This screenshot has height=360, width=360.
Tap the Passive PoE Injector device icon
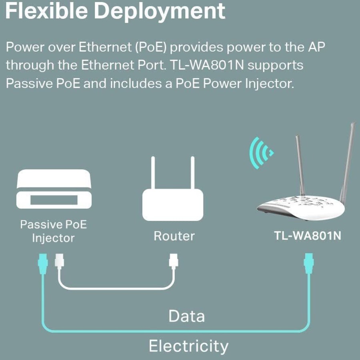tap(54, 190)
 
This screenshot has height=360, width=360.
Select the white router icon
tap(173, 204)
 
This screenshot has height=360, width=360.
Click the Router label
tap(174, 236)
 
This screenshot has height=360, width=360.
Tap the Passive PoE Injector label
tap(54, 231)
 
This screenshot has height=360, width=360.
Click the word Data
tap(186, 316)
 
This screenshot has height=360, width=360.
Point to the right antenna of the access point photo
tap(348, 160)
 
